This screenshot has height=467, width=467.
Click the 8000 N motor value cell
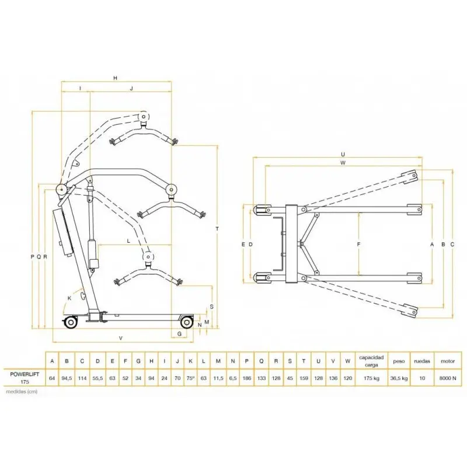[447, 378]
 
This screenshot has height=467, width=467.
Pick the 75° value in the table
[190, 378]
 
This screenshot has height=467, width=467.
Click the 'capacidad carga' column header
[371, 360]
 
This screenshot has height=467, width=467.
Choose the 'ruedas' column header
[423, 361]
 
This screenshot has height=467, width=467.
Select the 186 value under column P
[247, 378]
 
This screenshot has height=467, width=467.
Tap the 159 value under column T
[304, 378]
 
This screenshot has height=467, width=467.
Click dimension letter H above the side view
[116, 78]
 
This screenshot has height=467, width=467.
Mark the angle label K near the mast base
[70, 298]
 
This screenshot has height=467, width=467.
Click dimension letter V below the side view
[120, 338]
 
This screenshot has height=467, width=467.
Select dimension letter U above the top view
[343, 154]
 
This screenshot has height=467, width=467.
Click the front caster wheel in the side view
[186, 322]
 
